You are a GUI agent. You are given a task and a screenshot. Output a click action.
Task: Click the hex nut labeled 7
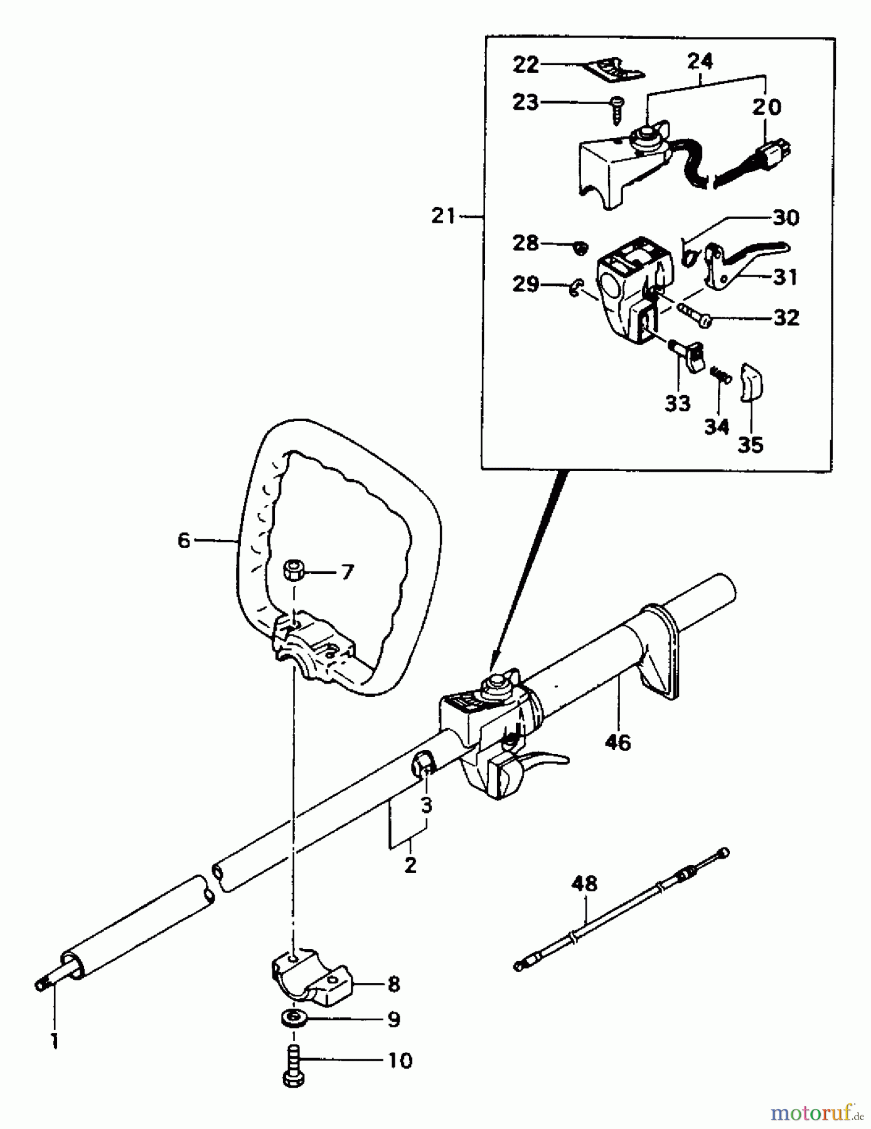tap(294, 571)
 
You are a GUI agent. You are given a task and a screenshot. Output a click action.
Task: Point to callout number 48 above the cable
tap(584, 884)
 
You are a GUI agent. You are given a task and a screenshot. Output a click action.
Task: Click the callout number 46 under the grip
tap(618, 743)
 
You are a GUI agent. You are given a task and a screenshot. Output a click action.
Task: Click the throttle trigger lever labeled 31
tap(740, 262)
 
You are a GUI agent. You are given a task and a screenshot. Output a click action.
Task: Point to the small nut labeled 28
tap(581, 248)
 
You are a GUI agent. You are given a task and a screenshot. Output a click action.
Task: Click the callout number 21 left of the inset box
tap(445, 216)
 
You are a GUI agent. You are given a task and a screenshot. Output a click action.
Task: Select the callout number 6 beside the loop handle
tap(183, 539)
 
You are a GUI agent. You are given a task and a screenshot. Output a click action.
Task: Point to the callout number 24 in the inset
tap(700, 61)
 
